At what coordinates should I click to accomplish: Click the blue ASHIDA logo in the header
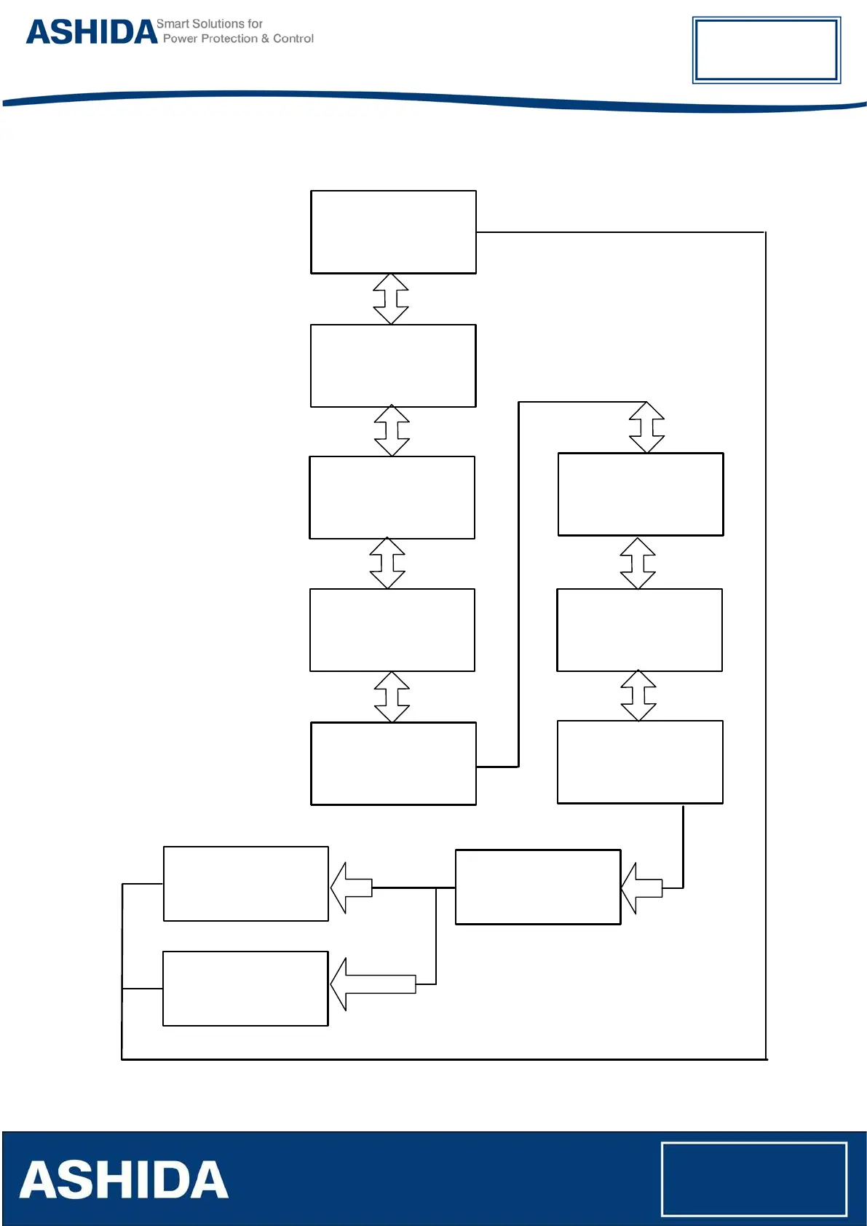pos(92,32)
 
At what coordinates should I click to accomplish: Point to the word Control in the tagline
pos(293,39)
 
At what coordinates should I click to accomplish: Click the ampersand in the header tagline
pos(265,39)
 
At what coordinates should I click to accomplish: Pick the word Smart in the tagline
pos(172,24)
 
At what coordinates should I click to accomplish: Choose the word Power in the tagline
pos(180,39)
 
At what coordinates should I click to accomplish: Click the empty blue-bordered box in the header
pos(766,50)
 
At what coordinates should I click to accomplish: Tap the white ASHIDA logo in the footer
pos(124,1179)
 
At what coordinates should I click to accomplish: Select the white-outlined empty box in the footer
pos(753,1179)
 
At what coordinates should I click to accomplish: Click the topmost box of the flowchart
pos(393,232)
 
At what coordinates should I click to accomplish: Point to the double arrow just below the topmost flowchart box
pos(391,299)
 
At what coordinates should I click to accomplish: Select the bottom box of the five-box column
pos(393,764)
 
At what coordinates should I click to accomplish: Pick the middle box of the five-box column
pos(392,498)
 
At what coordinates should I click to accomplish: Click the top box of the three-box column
pos(641,494)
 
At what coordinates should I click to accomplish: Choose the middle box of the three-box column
pos(639,630)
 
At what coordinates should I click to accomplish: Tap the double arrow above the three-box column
pos(646,427)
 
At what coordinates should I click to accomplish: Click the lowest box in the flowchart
pos(245,989)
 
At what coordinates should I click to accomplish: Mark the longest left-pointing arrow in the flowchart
pos(373,984)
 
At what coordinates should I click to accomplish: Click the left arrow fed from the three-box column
pos(641,888)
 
